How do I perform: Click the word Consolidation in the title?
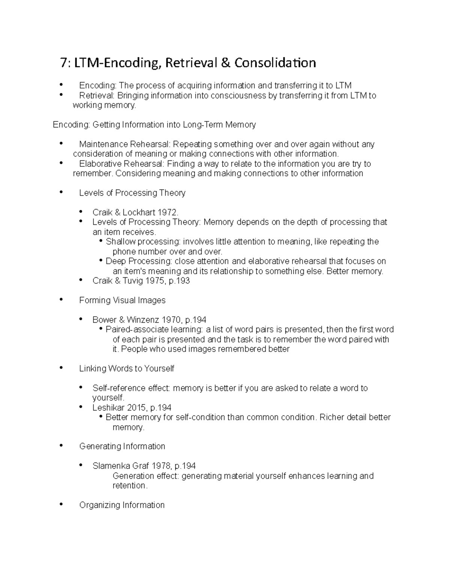pyautogui.click(x=275, y=63)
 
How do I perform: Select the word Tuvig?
pyautogui.click(x=132, y=281)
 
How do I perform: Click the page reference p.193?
pyautogui.click(x=179, y=281)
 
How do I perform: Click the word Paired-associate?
pyautogui.click(x=135, y=329)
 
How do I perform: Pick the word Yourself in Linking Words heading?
pyautogui.click(x=159, y=368)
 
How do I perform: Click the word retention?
pyautogui.click(x=129, y=486)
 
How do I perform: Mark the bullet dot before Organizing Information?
pyautogui.click(x=61, y=504)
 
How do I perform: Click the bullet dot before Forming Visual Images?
pyautogui.click(x=61, y=300)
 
